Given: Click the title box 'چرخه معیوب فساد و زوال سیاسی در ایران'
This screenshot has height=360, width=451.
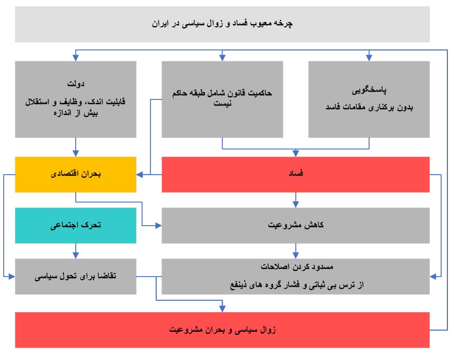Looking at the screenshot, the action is point(222,24).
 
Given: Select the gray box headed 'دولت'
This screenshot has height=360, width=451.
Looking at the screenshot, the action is point(76,99).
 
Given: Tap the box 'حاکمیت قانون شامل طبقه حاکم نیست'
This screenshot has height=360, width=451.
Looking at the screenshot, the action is point(222,99).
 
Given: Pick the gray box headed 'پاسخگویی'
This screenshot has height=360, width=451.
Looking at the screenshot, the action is point(369,99).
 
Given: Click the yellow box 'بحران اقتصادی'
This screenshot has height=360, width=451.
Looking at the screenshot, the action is point(76,175).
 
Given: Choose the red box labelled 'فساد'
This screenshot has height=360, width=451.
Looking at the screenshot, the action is point(296,175).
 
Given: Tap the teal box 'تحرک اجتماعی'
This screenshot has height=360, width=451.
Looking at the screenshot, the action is point(76,226).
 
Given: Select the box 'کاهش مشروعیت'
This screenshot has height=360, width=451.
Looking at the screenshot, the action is point(296,226).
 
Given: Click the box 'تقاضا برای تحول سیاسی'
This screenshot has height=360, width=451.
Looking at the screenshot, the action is point(76,277).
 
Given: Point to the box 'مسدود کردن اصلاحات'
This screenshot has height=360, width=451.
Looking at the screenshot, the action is point(296,277).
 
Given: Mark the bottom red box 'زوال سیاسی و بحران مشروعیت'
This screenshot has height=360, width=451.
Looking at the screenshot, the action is point(222,330).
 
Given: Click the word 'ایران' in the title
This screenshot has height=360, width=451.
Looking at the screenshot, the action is point(160,24).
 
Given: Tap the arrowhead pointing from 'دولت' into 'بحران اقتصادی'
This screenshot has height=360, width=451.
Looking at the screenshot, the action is point(76,153).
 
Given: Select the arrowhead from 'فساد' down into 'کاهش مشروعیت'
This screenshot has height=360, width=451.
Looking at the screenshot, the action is point(296,204).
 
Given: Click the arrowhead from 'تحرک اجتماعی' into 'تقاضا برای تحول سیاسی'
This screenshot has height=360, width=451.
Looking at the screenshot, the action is point(76,255).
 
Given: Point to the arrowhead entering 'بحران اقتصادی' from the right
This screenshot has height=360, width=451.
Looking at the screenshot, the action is point(140,175).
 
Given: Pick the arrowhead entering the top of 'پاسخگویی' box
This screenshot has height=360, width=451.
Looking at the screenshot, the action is point(369,58).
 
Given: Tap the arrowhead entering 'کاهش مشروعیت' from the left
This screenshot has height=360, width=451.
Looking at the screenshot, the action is point(158,226).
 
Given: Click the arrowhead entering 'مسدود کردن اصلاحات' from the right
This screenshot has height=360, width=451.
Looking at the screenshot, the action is point(433,277).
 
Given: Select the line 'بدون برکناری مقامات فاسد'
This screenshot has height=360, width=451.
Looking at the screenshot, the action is point(370,108).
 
